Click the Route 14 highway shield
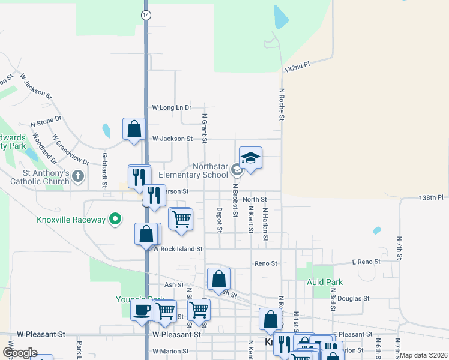(x=146, y=15)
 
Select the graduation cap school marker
(x=250, y=158)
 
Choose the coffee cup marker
(x=142, y=310)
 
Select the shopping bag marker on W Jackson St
(x=134, y=128)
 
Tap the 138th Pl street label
(x=430, y=197)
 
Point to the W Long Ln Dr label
(x=172, y=107)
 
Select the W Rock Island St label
(x=178, y=248)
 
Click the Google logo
(x=20, y=353)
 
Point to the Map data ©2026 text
(x=423, y=355)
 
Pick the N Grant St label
(x=205, y=128)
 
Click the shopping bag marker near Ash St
(x=218, y=278)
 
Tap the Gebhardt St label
(x=104, y=166)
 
